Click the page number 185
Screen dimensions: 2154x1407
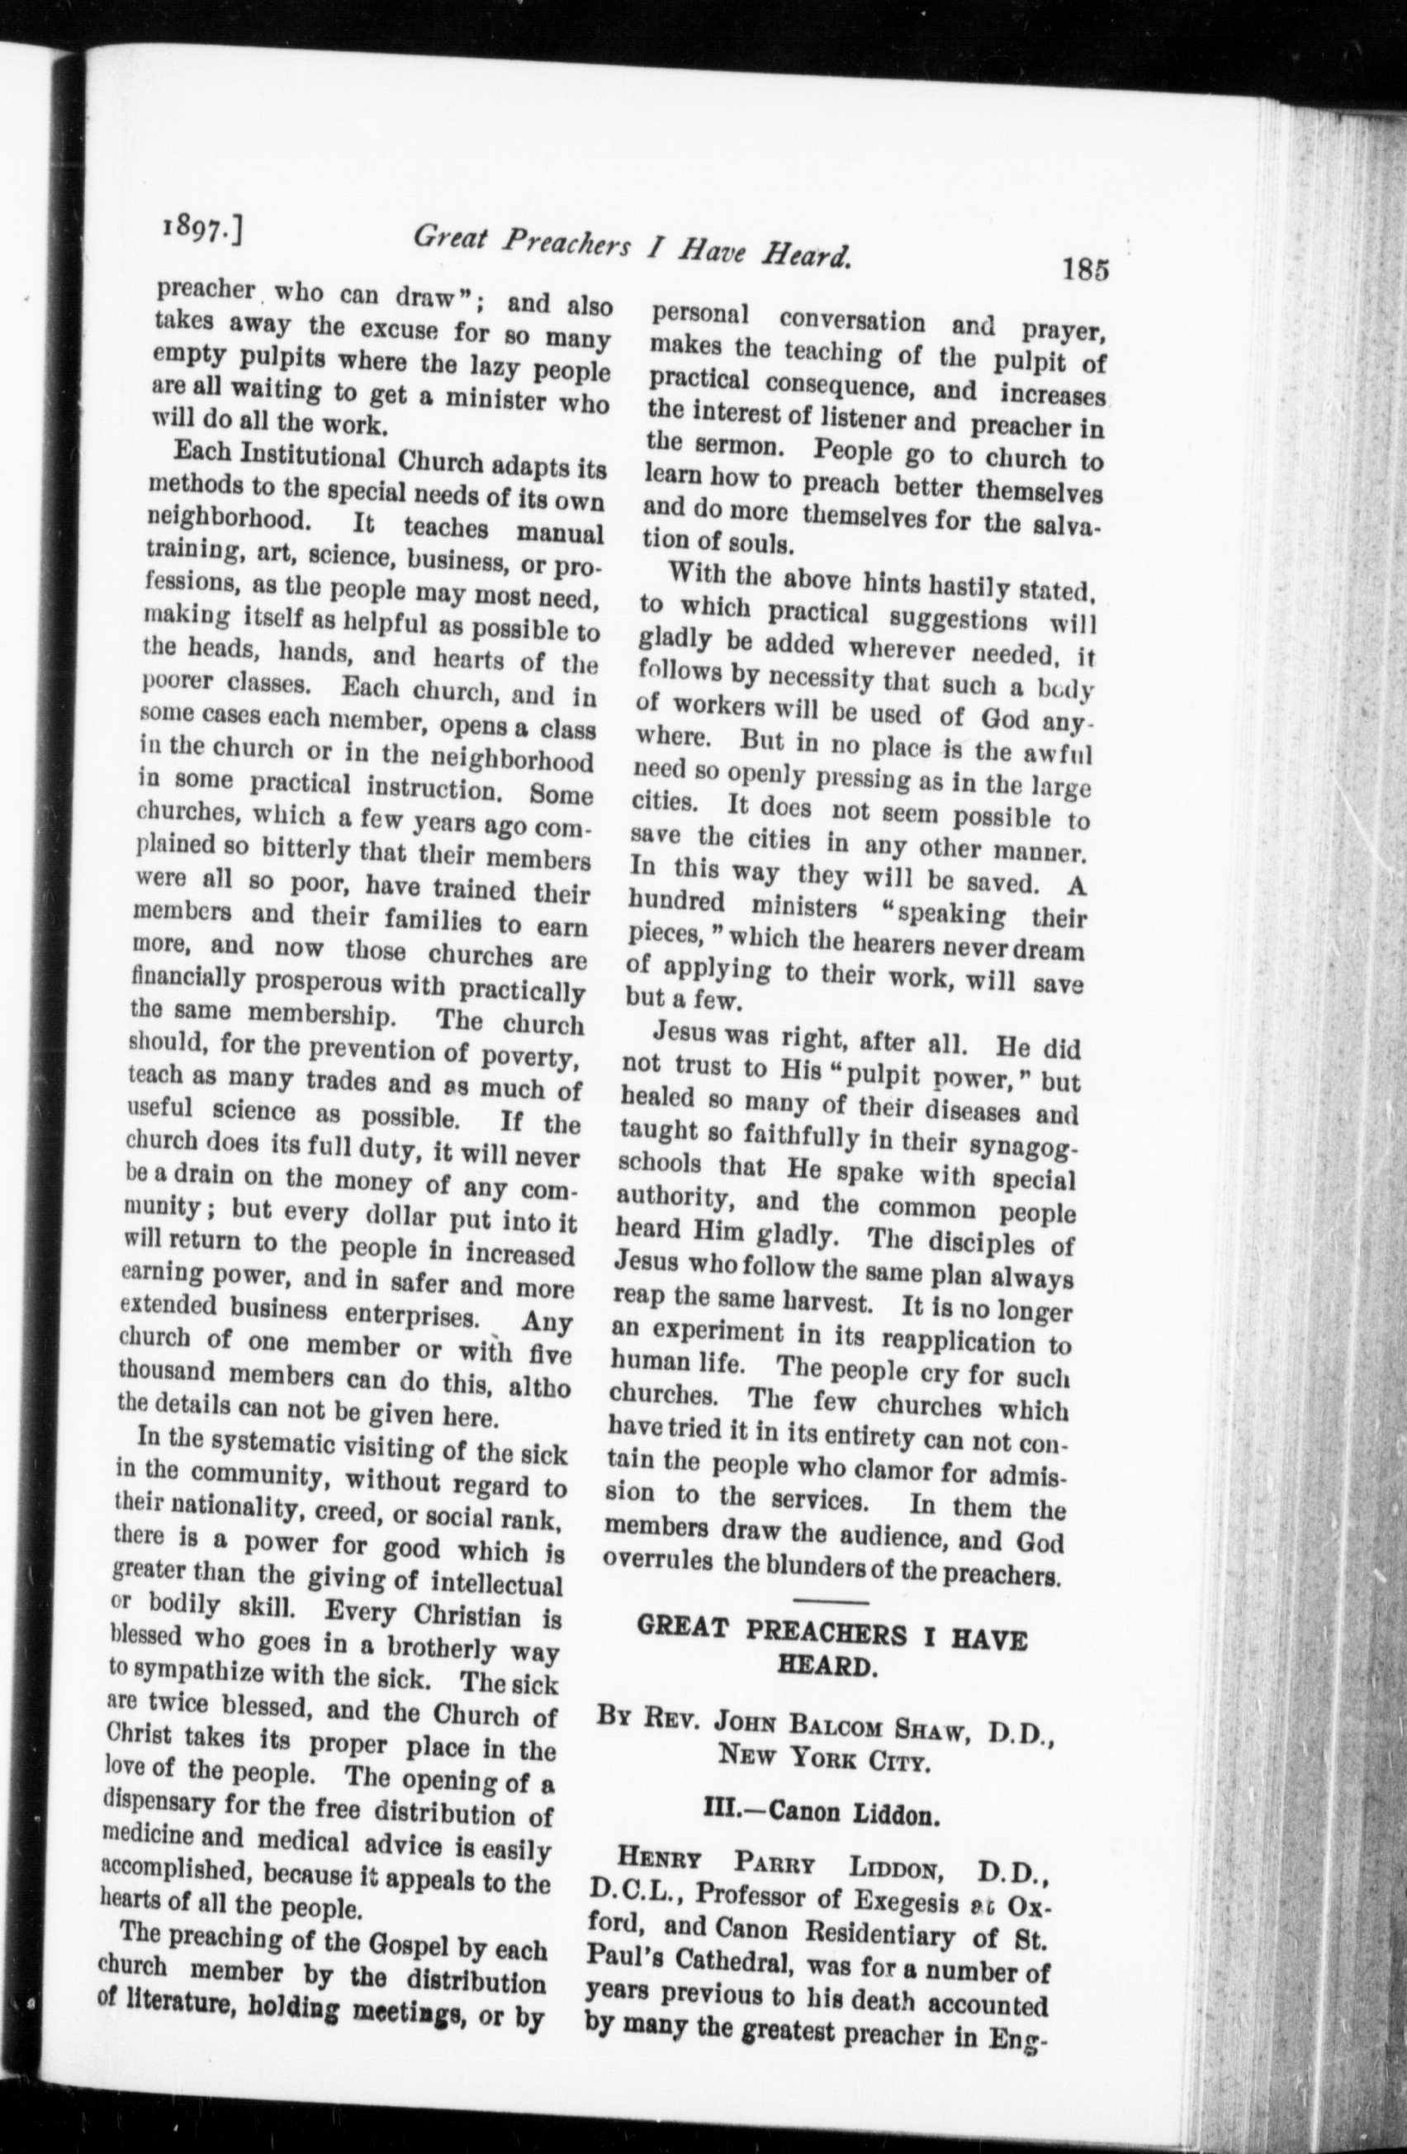pyautogui.click(x=1085, y=268)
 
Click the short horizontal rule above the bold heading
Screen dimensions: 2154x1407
pyautogui.click(x=832, y=1605)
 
